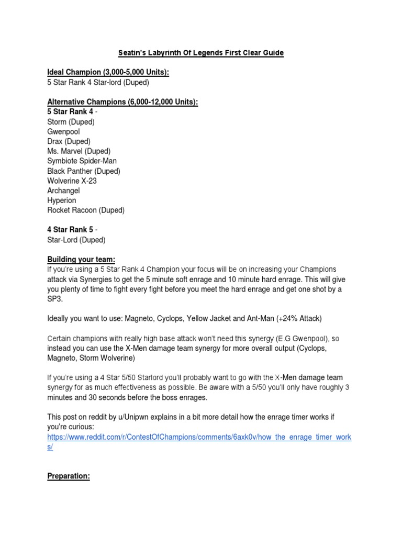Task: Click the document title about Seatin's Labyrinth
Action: point(200,53)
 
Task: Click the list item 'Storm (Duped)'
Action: point(71,122)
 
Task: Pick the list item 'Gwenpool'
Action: point(63,131)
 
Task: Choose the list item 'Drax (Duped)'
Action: point(69,141)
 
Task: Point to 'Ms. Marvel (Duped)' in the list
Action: point(79,151)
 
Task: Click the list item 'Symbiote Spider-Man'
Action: point(82,161)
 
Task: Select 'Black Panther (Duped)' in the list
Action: point(84,171)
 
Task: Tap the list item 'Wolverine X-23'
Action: point(72,181)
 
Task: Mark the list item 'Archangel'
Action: point(63,191)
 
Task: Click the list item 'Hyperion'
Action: point(61,200)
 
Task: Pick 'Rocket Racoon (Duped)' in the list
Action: point(86,210)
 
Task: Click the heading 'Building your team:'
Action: point(81,260)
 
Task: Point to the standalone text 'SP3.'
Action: point(54,299)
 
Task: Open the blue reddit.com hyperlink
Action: point(199,437)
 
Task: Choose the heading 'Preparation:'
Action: point(69,476)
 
